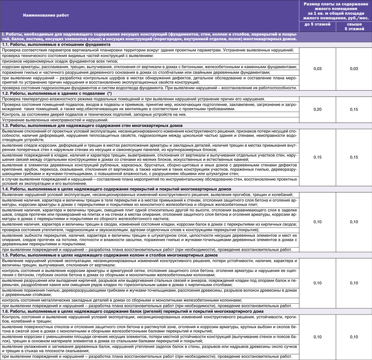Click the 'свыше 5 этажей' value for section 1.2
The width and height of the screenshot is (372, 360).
tap(354, 110)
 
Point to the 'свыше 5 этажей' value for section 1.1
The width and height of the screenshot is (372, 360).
tap(354, 68)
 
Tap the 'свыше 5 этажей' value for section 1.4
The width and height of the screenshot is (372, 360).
tap(354, 222)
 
